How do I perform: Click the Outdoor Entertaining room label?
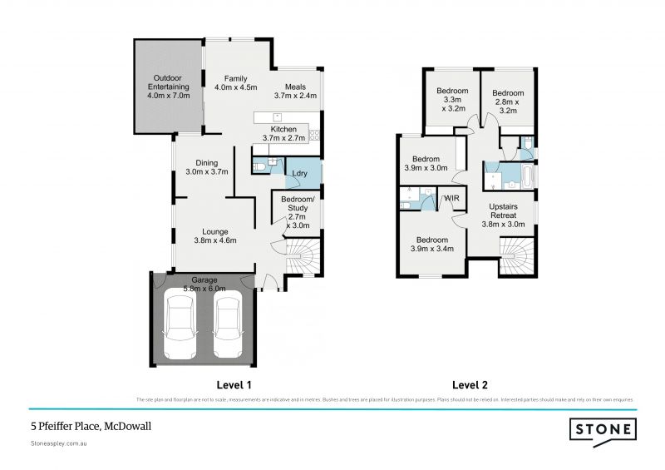tap(169, 87)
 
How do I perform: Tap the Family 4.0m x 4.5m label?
tap(235, 82)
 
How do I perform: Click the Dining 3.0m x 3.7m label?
tap(206, 167)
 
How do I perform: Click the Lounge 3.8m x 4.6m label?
tap(215, 235)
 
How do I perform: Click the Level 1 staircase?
tap(303, 256)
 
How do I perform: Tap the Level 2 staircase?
tap(515, 255)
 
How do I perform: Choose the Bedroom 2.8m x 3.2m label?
tap(507, 101)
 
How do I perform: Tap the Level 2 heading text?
tap(470, 385)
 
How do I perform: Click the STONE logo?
tap(603, 430)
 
